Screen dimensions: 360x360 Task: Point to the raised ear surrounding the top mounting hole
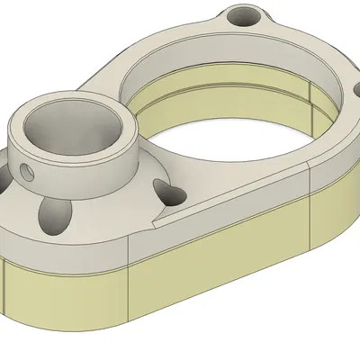tap(225, 27)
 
